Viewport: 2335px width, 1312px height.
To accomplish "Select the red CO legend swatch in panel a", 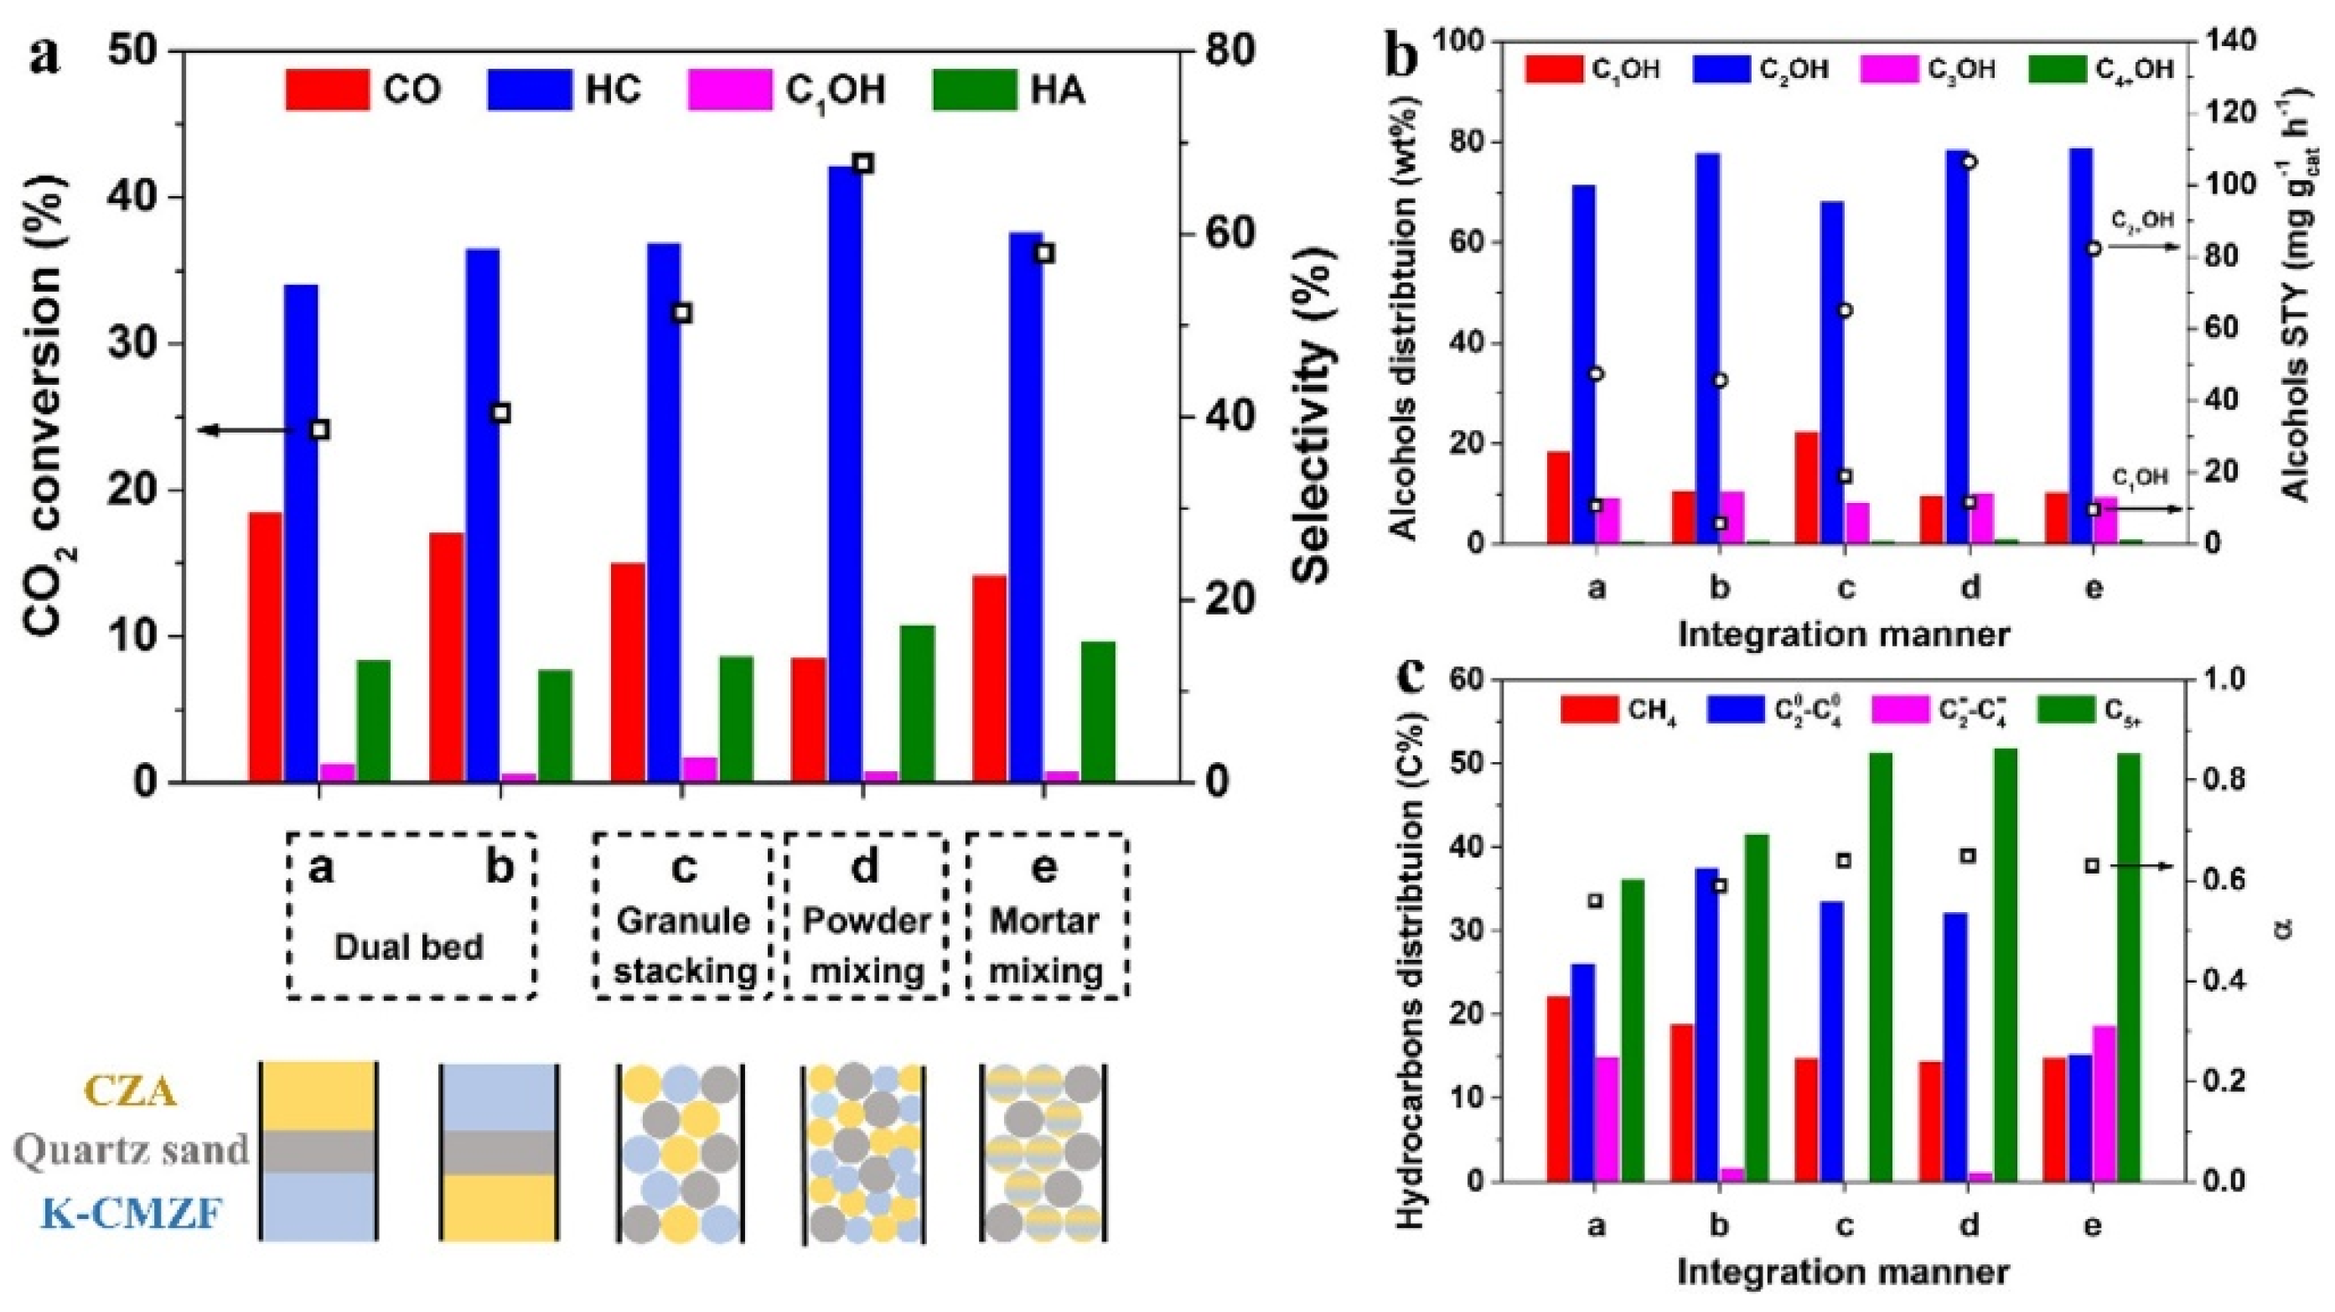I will pos(326,90).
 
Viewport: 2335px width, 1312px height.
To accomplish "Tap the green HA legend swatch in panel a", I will pos(972,90).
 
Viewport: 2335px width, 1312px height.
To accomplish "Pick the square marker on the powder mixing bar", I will pos(863,163).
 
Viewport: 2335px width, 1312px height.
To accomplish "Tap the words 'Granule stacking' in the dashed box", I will pos(685,946).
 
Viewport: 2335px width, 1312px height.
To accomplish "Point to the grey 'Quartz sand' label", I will pos(132,1149).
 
